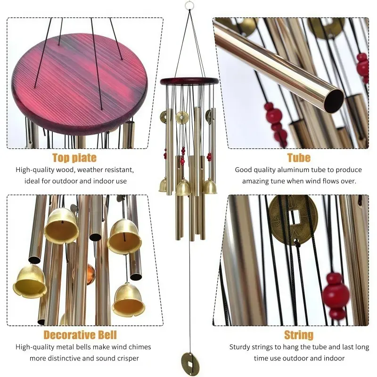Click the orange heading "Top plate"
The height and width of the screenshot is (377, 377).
click(74, 158)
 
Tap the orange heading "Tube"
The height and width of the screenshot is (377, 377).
click(299, 158)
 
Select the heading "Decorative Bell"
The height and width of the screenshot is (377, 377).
click(80, 335)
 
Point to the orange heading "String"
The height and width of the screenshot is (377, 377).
click(299, 335)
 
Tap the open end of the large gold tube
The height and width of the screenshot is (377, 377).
click(334, 100)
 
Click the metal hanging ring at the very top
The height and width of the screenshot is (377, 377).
click(189, 5)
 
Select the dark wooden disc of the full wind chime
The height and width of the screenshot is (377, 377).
click(189, 81)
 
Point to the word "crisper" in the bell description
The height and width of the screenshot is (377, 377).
click(128, 358)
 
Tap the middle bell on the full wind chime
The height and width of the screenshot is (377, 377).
click(183, 187)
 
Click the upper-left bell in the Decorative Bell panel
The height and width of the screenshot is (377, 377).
click(62, 226)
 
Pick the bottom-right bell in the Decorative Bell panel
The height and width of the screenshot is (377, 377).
click(128, 300)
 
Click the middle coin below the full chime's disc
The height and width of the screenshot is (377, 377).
click(182, 117)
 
